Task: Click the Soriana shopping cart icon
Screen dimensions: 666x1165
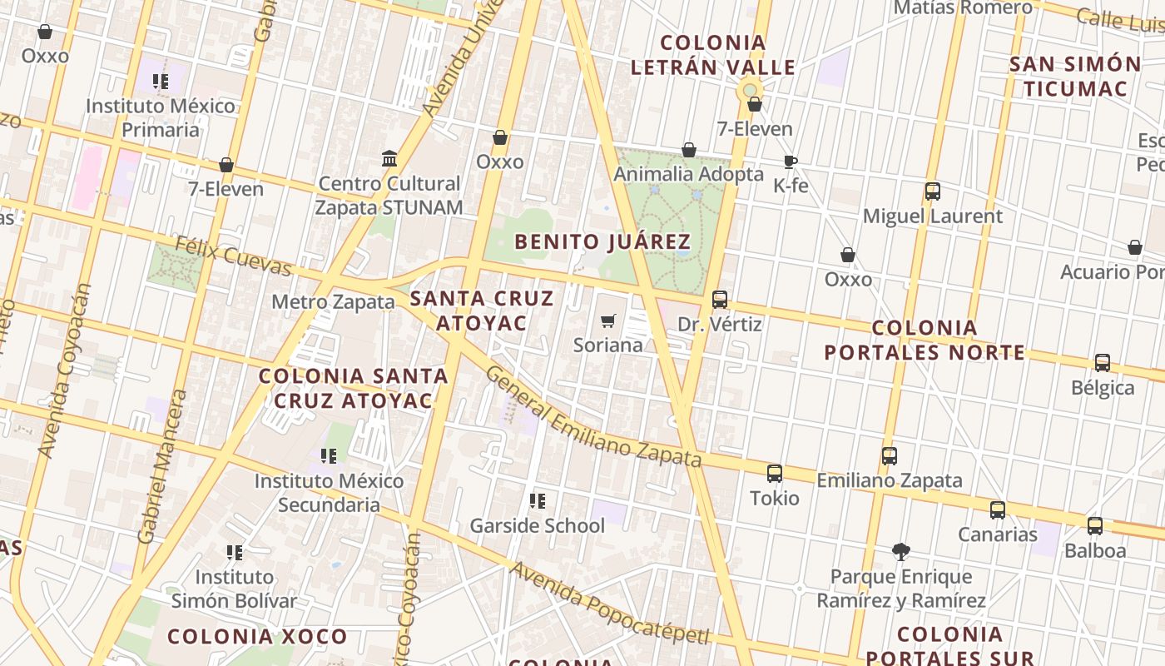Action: [x=608, y=321]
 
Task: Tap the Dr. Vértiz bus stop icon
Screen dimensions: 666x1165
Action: [x=720, y=300]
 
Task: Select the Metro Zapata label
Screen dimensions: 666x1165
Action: [x=333, y=301]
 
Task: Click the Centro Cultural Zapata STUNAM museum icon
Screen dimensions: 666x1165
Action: [x=389, y=158]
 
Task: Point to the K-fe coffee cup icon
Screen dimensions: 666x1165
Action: [x=790, y=162]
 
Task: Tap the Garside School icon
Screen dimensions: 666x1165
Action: [x=538, y=501]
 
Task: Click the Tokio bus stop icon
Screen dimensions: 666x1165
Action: [x=775, y=474]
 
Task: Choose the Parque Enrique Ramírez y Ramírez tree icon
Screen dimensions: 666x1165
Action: [x=900, y=551]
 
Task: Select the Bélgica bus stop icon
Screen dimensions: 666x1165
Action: [x=1103, y=363]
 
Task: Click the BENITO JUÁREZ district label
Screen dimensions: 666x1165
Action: [x=602, y=242]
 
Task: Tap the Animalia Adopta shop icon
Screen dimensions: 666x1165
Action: [x=689, y=150]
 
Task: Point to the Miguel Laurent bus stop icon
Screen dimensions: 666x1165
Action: [x=933, y=191]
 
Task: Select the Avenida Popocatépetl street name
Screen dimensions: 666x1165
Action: [x=610, y=603]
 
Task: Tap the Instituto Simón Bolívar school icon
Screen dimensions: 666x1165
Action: [x=235, y=552]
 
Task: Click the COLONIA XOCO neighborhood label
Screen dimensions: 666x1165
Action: [x=257, y=637]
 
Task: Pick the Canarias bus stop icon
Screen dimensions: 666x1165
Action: [x=998, y=510]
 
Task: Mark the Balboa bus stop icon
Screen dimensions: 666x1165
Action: [x=1095, y=526]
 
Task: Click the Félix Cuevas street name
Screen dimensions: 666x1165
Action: [x=233, y=256]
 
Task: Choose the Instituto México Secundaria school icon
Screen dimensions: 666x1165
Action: [x=329, y=456]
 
